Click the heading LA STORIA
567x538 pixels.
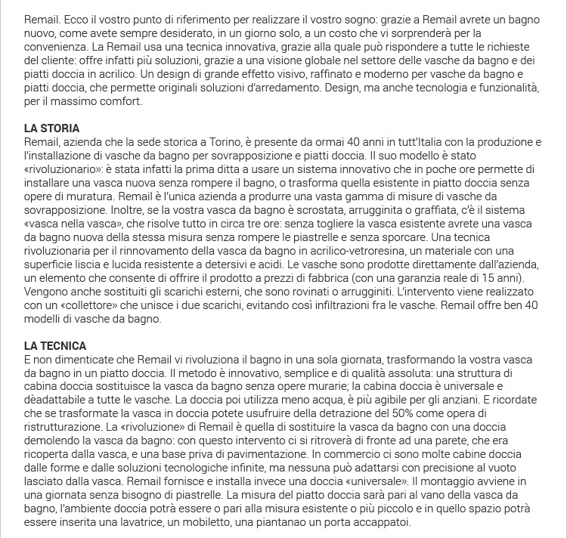click(52, 128)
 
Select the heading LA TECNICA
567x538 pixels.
click(54, 345)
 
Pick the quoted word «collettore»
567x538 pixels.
click(85, 305)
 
